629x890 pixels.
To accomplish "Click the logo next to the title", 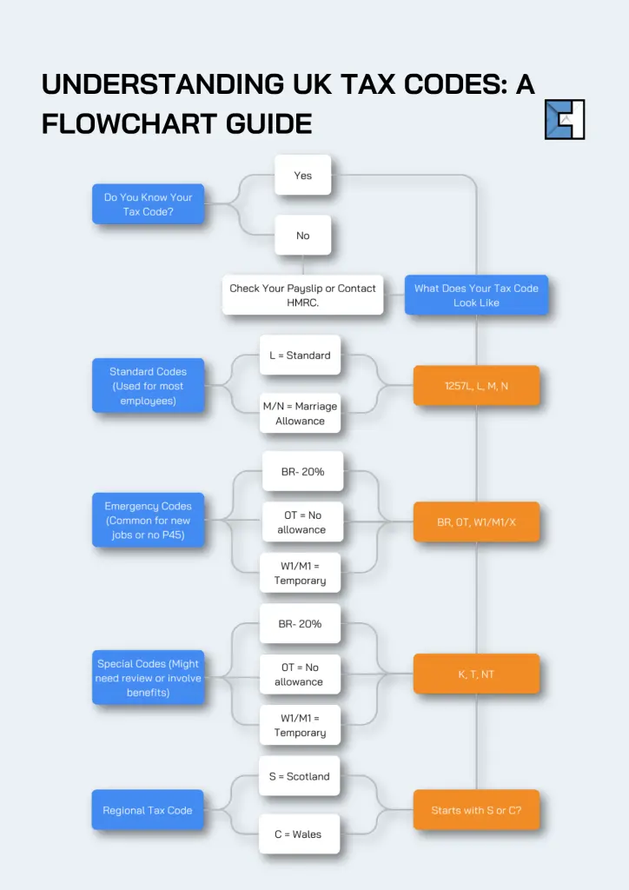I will tap(565, 119).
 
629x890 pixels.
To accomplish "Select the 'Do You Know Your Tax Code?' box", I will tap(149, 204).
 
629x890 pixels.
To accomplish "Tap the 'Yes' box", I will tap(302, 176).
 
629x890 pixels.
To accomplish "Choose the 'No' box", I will tap(302, 236).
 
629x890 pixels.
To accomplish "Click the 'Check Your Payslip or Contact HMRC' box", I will tap(302, 296).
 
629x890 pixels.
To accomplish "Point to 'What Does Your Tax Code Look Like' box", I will tap(476, 296).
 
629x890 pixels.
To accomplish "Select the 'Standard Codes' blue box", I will tap(149, 386).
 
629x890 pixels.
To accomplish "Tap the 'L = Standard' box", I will tap(300, 355).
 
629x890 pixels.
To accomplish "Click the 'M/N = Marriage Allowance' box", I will tap(300, 414).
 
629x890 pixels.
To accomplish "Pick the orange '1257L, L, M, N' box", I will tap(476, 386).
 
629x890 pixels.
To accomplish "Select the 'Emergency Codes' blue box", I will tap(149, 521).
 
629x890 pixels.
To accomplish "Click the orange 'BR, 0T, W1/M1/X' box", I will tap(476, 522).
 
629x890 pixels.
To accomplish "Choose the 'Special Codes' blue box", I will tap(149, 678).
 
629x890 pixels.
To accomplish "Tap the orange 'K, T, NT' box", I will tap(476, 674).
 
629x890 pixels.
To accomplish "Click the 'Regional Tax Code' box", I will tap(148, 810).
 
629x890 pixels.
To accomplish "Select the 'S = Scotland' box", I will tap(301, 776).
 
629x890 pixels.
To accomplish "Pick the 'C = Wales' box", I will tap(298, 834).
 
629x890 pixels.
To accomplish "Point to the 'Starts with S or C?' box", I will tap(476, 810).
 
